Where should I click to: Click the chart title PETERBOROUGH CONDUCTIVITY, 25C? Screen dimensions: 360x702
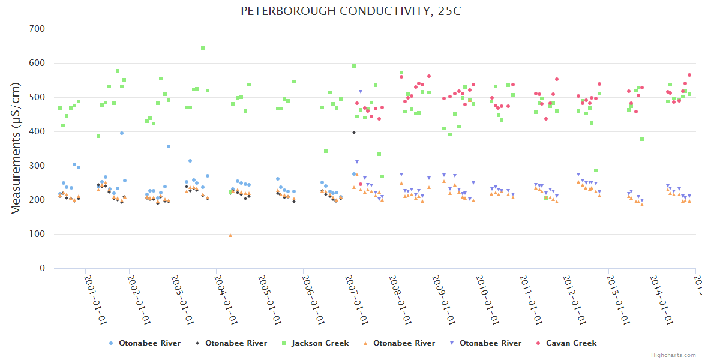tap(351, 11)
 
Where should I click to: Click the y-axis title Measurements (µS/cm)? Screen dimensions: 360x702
tap(17, 148)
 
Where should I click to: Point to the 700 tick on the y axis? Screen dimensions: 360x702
tap(37, 29)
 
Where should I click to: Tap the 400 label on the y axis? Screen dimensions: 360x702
tap(37, 131)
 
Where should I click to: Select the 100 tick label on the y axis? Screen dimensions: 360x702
tap(37, 234)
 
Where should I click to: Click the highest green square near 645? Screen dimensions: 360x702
tap(203, 48)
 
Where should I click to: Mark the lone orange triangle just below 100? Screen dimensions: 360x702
tap(230, 235)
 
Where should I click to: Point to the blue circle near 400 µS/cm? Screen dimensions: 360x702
tap(121, 133)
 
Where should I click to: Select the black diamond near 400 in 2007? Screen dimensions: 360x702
tap(354, 133)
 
